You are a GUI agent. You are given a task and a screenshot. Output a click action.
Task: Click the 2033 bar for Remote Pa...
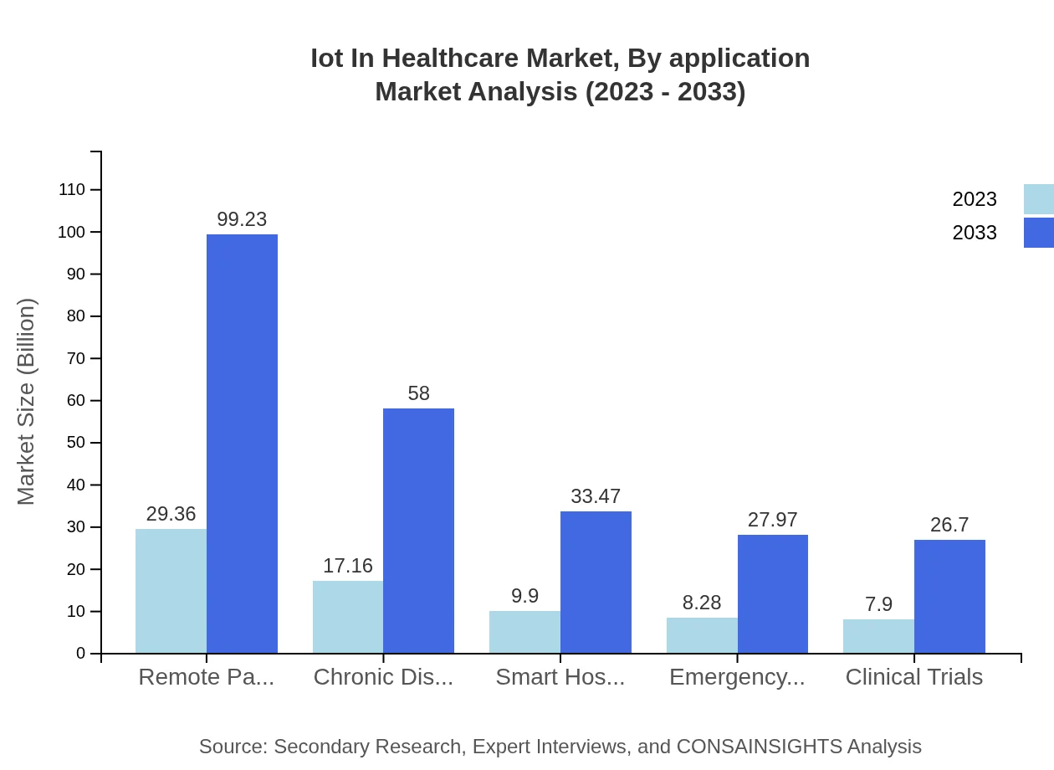point(242,444)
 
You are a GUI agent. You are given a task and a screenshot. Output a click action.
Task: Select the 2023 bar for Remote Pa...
point(171,591)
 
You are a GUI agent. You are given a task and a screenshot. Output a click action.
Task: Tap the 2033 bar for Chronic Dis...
point(418,531)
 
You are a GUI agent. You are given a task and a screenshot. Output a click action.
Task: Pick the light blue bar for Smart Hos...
point(524,632)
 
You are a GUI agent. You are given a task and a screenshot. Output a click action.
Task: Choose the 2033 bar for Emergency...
point(772,594)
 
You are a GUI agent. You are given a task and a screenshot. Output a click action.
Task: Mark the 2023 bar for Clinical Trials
point(878,636)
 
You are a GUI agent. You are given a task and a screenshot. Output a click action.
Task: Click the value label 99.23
point(242,219)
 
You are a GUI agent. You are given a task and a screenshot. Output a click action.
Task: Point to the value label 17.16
point(348,566)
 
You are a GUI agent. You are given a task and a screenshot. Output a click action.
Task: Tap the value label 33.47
point(596,496)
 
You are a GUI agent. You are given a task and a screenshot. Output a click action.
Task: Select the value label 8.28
point(702,603)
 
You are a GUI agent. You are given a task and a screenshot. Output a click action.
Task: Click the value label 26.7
point(949,525)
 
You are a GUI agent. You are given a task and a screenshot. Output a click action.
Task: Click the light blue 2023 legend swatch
point(1038,199)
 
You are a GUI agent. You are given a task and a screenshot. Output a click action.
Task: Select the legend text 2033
point(975,233)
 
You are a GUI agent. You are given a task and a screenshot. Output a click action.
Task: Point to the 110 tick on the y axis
point(72,190)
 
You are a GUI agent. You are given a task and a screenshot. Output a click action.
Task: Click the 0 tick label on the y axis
point(81,653)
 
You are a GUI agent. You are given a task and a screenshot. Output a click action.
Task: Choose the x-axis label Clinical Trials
point(913,677)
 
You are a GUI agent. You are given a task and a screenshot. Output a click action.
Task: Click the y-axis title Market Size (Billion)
point(26,402)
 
